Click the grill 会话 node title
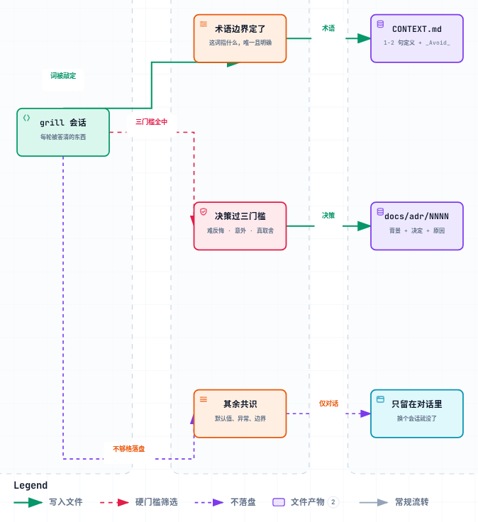63,123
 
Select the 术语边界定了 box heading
240,29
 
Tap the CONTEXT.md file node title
417,29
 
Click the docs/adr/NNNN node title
417,216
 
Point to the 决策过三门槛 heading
240,216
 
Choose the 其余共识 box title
240,404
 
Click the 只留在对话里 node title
417,404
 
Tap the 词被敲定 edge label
63,76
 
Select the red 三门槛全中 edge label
152,122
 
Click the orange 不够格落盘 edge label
129,449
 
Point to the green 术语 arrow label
328,28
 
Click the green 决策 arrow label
328,216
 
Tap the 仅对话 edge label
328,404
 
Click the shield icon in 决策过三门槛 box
204,212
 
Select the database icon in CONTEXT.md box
380,24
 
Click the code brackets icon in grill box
27,118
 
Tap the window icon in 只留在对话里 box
380,399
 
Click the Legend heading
30,485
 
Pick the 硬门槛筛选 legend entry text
157,501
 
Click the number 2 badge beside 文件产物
333,502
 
